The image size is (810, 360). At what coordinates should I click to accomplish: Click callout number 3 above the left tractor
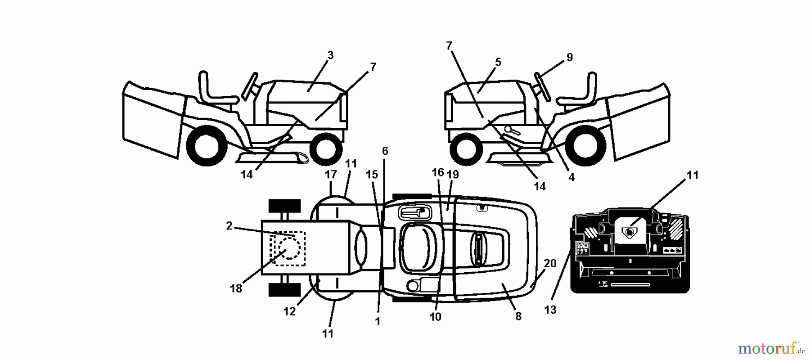[x=330, y=55]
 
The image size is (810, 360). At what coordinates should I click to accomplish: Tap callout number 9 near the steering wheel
[x=569, y=58]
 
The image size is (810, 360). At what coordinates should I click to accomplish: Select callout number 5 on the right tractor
[x=497, y=62]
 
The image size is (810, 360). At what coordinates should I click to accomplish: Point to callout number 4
[x=571, y=177]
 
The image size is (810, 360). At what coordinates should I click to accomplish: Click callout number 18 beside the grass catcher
[x=236, y=288]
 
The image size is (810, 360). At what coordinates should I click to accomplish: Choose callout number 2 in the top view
[x=229, y=226]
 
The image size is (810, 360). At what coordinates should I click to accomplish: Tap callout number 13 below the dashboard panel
[x=550, y=310]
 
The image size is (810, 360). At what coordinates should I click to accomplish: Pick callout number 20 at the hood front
[x=550, y=264]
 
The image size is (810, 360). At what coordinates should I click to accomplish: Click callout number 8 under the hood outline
[x=518, y=316]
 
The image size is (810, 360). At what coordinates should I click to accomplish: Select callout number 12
[x=289, y=311]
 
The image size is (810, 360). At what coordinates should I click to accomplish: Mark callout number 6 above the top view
[x=385, y=151]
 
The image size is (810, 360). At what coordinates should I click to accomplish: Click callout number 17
[x=331, y=174]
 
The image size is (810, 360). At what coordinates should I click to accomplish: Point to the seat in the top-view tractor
[x=420, y=247]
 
